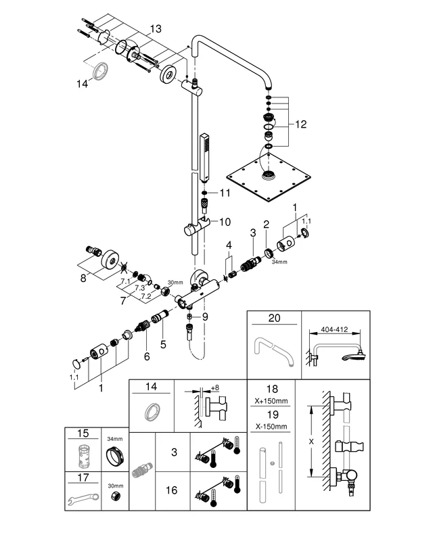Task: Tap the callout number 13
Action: coord(156,29)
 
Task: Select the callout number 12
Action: coord(300,124)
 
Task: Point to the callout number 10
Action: coord(225,221)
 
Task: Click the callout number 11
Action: coord(225,193)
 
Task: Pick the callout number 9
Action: coord(205,315)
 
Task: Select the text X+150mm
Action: coord(272,400)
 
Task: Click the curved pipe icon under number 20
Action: coord(271,352)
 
